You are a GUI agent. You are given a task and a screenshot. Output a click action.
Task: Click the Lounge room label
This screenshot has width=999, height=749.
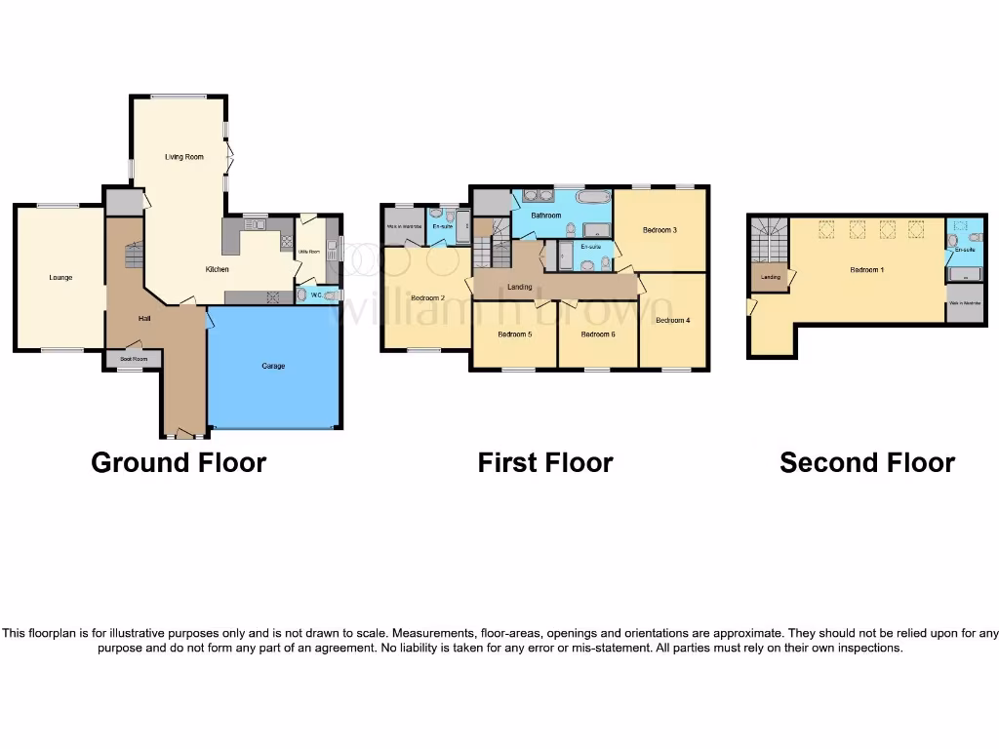pyautogui.click(x=60, y=278)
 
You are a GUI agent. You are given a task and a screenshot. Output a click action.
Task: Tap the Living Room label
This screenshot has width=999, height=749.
pyautogui.click(x=183, y=157)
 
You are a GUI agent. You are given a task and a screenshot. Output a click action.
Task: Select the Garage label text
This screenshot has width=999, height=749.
pyautogui.click(x=273, y=367)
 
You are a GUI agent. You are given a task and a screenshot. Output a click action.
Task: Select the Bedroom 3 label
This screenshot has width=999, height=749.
pyautogui.click(x=659, y=230)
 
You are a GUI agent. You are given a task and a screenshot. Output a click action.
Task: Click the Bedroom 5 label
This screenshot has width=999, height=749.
pyautogui.click(x=514, y=335)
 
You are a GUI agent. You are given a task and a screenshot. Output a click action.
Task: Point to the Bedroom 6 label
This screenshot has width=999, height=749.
pyautogui.click(x=598, y=335)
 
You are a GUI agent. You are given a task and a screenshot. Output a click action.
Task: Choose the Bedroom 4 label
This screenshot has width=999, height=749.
pyautogui.click(x=672, y=320)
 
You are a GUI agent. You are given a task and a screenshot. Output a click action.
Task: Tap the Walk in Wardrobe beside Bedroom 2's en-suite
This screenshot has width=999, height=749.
pyautogui.click(x=404, y=227)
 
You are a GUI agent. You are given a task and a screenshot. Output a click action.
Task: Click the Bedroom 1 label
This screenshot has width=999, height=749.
pyautogui.click(x=866, y=269)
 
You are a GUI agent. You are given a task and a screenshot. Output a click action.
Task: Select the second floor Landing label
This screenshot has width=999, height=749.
pyautogui.click(x=770, y=277)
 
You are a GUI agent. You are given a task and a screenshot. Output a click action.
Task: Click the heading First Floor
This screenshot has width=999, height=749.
pyautogui.click(x=544, y=462)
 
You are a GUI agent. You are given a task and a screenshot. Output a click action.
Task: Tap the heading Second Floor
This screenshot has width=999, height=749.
pyautogui.click(x=866, y=462)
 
